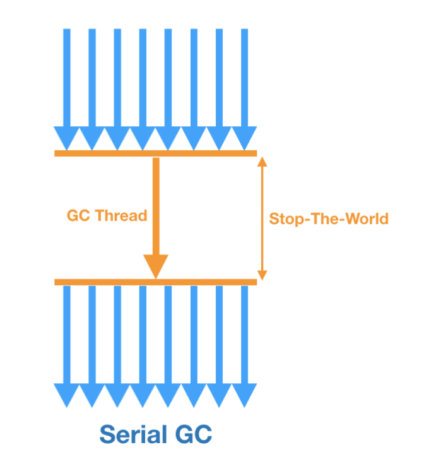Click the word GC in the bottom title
pyautogui.click(x=191, y=435)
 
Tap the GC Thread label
pyautogui.click(x=107, y=215)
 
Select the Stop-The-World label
pyautogui.click(x=329, y=219)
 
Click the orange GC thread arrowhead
pyautogui.click(x=156, y=265)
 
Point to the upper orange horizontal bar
pyautogui.click(x=155, y=153)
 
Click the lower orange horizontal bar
pyautogui.click(x=155, y=282)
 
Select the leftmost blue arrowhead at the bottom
pyautogui.click(x=67, y=394)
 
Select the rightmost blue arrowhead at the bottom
pyautogui.click(x=244, y=394)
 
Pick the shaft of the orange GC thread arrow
pyautogui.click(x=156, y=202)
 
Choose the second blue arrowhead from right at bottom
pyautogui.click(x=219, y=394)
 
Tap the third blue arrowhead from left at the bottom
pyautogui.click(x=117, y=394)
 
